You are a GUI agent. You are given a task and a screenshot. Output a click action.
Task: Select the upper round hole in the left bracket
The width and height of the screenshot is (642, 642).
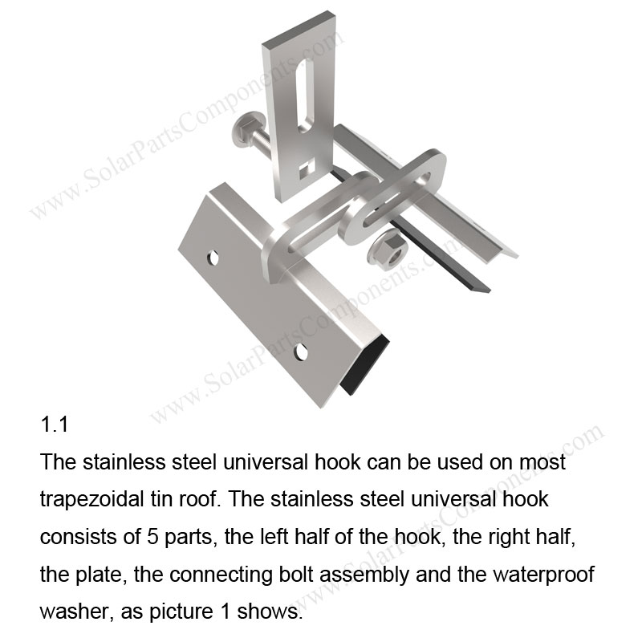coord(213,258)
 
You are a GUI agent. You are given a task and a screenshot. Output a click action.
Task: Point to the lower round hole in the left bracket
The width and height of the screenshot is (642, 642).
coord(301,351)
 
